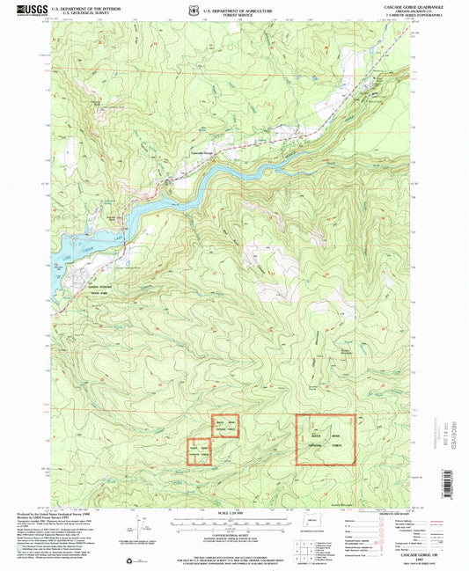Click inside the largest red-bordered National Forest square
tap(325, 440)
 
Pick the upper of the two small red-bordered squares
tap(224, 427)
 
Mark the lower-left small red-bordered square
tap(199, 452)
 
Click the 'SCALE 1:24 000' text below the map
tap(233, 513)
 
